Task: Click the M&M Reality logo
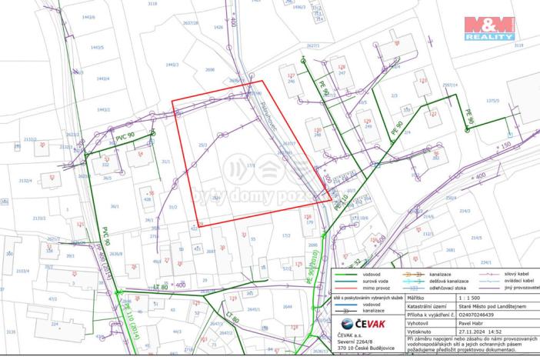point(488,28)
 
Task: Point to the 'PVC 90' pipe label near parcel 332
point(125,136)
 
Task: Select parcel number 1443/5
point(96,47)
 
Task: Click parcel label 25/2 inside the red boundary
point(202,144)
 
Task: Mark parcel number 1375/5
point(492,100)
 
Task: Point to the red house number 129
point(367,122)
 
